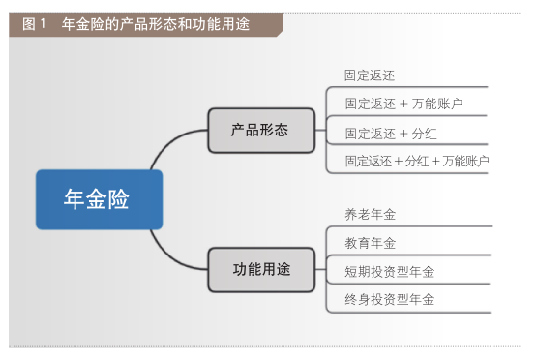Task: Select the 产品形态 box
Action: click(x=261, y=129)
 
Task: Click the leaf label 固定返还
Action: click(x=370, y=75)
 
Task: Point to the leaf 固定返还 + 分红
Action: click(x=390, y=134)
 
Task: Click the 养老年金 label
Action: click(x=370, y=214)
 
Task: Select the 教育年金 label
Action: click(x=370, y=243)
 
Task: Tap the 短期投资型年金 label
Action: click(x=389, y=272)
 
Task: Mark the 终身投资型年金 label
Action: click(x=389, y=299)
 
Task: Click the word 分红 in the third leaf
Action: click(x=423, y=134)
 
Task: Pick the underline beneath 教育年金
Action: click(x=406, y=255)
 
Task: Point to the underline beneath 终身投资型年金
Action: click(x=406, y=313)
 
